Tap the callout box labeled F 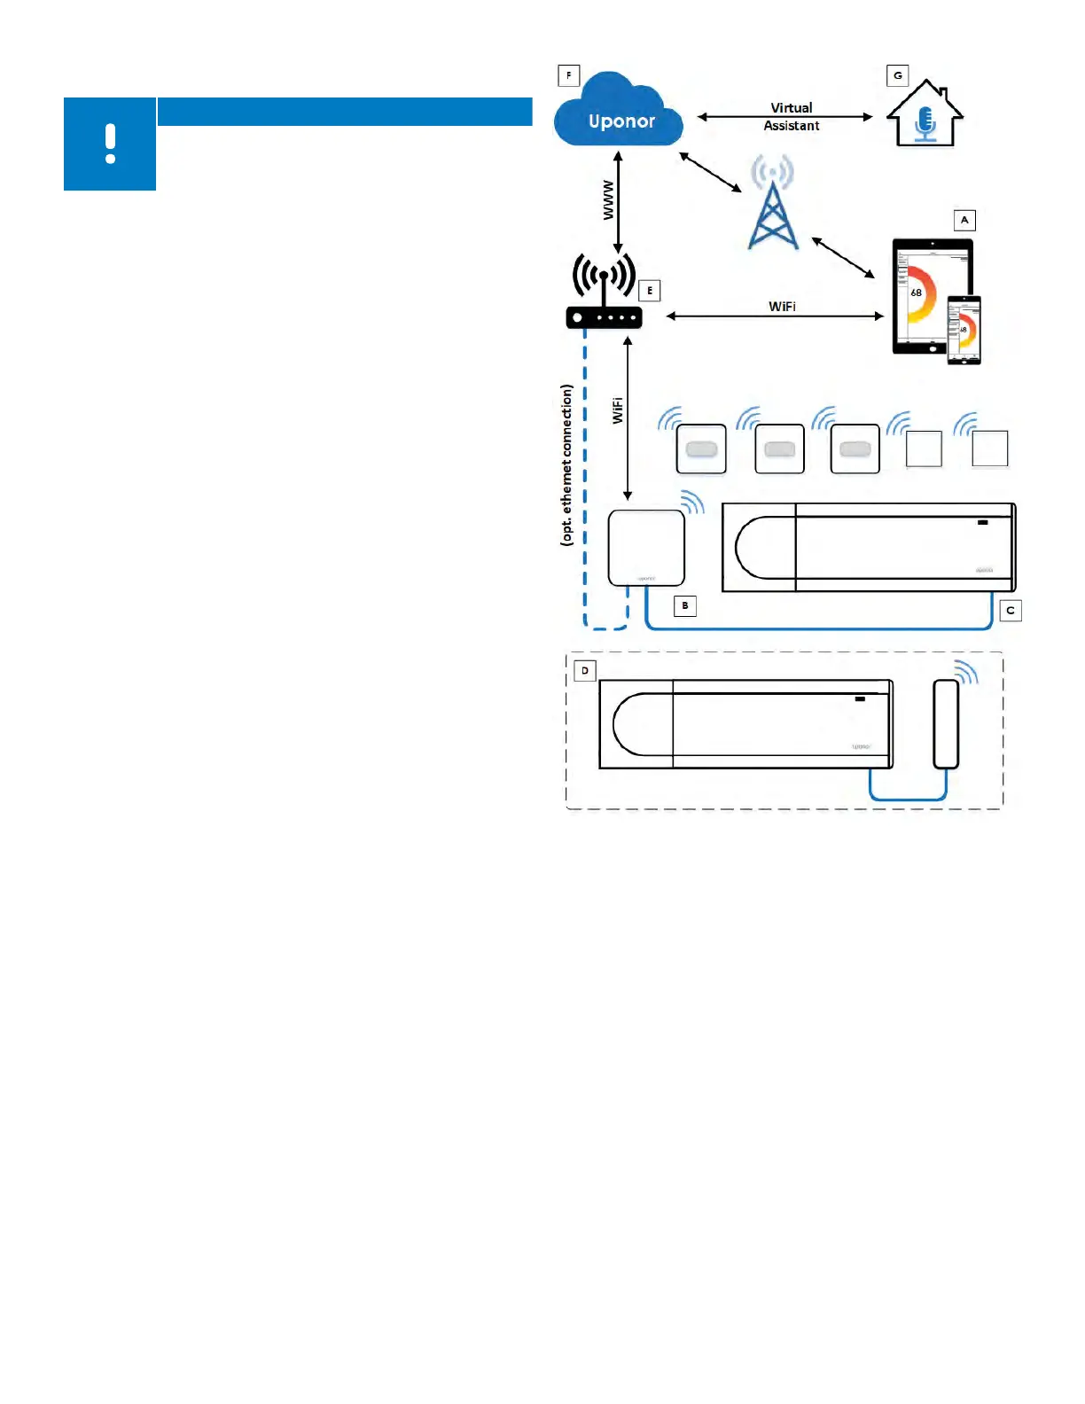tap(568, 75)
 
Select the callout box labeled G tap(898, 75)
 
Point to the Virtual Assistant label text tap(791, 117)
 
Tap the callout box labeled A tap(964, 220)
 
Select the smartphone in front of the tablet tap(964, 330)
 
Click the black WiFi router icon tap(604, 292)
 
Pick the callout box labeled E tap(650, 291)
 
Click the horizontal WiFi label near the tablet tap(782, 307)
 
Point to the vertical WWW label tap(608, 200)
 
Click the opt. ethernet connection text tap(567, 464)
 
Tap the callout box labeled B tap(685, 606)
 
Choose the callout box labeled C tap(1011, 611)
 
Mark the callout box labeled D tap(585, 671)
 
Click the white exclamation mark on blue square tap(110, 144)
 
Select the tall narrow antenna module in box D tap(946, 724)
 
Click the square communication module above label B tap(646, 548)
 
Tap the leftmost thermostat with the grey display tap(701, 449)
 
